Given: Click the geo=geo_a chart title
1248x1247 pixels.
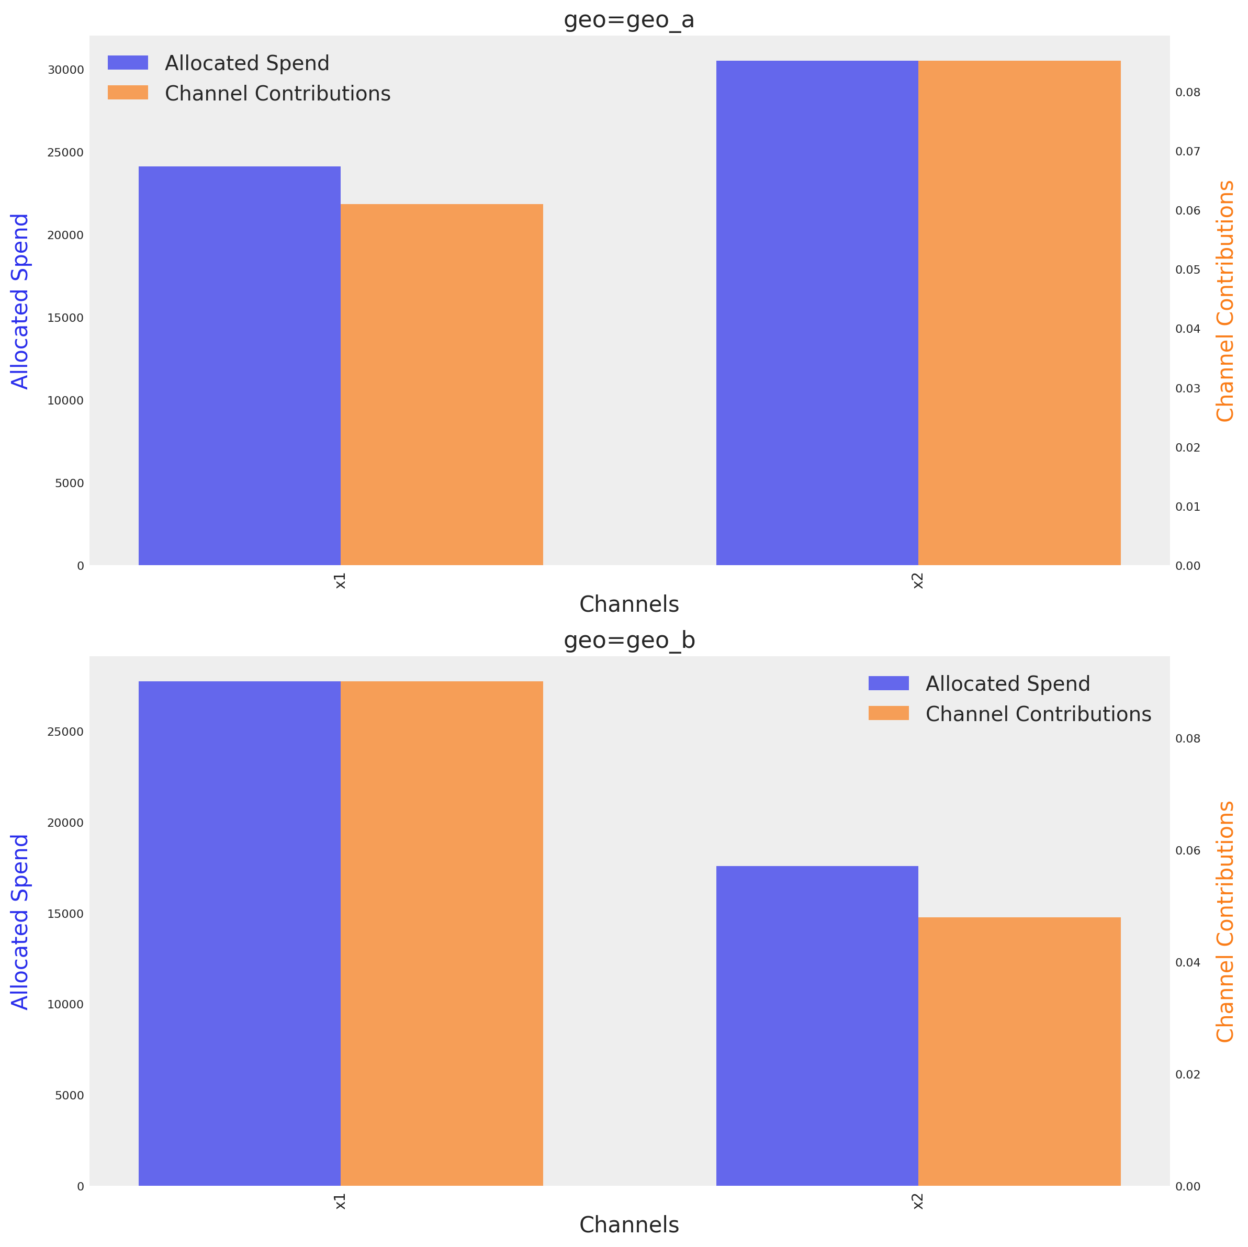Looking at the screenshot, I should pyautogui.click(x=628, y=20).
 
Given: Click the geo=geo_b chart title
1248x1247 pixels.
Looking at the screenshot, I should pyautogui.click(x=628, y=641).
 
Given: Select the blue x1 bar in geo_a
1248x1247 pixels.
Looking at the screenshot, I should pyautogui.click(x=239, y=366).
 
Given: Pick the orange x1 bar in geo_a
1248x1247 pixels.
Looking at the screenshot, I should pyautogui.click(x=441, y=385).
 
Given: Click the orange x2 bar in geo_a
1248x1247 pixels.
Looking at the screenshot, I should pyautogui.click(x=1019, y=313).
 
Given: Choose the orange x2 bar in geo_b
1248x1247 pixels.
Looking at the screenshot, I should pyautogui.click(x=1019, y=1051).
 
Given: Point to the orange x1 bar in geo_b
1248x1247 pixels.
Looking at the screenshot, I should pyautogui.click(x=441, y=933).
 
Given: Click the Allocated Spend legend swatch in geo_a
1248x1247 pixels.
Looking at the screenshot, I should pyautogui.click(x=127, y=63).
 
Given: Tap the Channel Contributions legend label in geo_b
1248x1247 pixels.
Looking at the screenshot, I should pyautogui.click(x=1038, y=714).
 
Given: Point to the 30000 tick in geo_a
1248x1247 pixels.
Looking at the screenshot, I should pyautogui.click(x=65, y=70).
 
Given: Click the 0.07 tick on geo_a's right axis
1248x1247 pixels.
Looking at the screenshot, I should pyautogui.click(x=1187, y=152).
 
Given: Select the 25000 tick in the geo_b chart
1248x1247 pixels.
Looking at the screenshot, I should pyautogui.click(x=65, y=732).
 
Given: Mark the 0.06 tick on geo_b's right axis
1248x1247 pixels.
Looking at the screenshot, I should pyautogui.click(x=1187, y=850).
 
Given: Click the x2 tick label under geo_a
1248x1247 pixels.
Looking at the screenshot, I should pyautogui.click(x=917, y=581).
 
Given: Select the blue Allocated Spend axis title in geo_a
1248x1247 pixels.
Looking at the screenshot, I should pyautogui.click(x=20, y=301).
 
